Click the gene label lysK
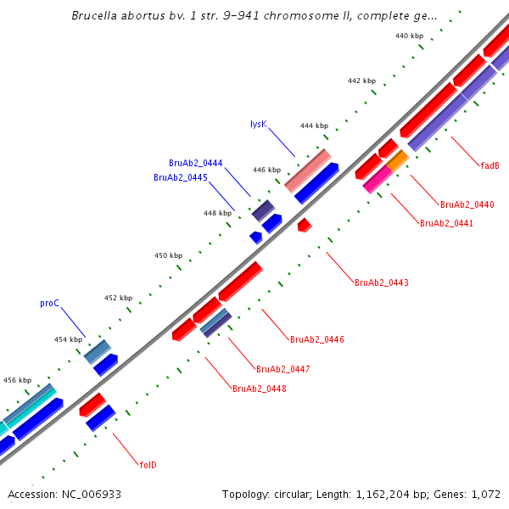click(x=259, y=124)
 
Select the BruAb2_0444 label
click(x=196, y=163)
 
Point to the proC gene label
click(x=49, y=303)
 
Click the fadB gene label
click(x=489, y=165)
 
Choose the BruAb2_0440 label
click(x=467, y=204)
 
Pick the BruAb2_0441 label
click(x=446, y=224)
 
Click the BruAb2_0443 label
click(x=382, y=282)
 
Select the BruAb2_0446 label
click(x=317, y=339)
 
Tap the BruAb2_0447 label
click(x=283, y=369)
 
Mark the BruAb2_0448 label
click(x=260, y=389)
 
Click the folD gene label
click(x=148, y=465)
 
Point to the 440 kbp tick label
click(x=410, y=36)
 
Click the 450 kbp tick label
click(x=168, y=255)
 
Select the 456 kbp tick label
click(x=18, y=380)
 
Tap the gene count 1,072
click(x=487, y=494)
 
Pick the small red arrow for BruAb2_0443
click(x=304, y=225)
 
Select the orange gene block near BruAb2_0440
click(x=397, y=159)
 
